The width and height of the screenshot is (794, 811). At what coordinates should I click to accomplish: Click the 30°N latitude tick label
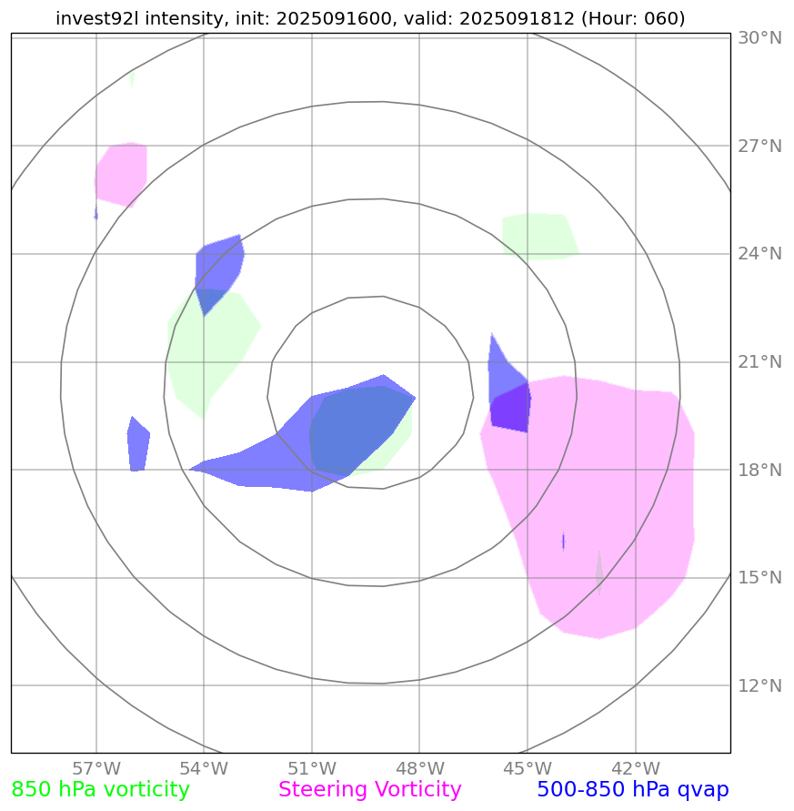pos(759,38)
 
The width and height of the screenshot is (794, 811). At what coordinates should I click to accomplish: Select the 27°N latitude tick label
pos(759,147)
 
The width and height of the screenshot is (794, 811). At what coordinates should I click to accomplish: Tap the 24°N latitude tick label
pos(759,254)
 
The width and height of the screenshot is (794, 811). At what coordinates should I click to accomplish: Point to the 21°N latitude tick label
pos(759,362)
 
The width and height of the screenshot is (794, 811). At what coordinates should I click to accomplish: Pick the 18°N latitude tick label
pos(759,471)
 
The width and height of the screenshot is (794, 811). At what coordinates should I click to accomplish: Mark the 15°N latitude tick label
pos(759,578)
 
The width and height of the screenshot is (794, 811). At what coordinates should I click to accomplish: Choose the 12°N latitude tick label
pos(759,685)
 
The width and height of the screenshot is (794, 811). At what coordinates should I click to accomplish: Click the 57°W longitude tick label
pos(96,767)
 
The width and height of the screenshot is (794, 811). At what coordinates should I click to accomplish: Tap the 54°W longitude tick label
pos(204,767)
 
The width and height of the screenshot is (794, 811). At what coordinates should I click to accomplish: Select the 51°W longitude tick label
pos(312,767)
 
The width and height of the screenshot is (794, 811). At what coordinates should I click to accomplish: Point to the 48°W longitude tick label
pos(419,767)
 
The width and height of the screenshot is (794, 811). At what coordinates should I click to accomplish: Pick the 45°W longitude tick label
pos(528,767)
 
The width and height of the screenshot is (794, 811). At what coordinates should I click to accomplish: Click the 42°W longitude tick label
pos(635,767)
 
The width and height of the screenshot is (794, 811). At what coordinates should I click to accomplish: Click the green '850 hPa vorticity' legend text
pos(100,790)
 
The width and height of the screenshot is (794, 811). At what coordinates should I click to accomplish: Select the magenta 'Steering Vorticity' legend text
pos(370,790)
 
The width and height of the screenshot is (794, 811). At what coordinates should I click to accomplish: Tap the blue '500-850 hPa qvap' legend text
pos(633,790)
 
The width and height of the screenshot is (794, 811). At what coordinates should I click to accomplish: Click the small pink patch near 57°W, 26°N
pos(122,173)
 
